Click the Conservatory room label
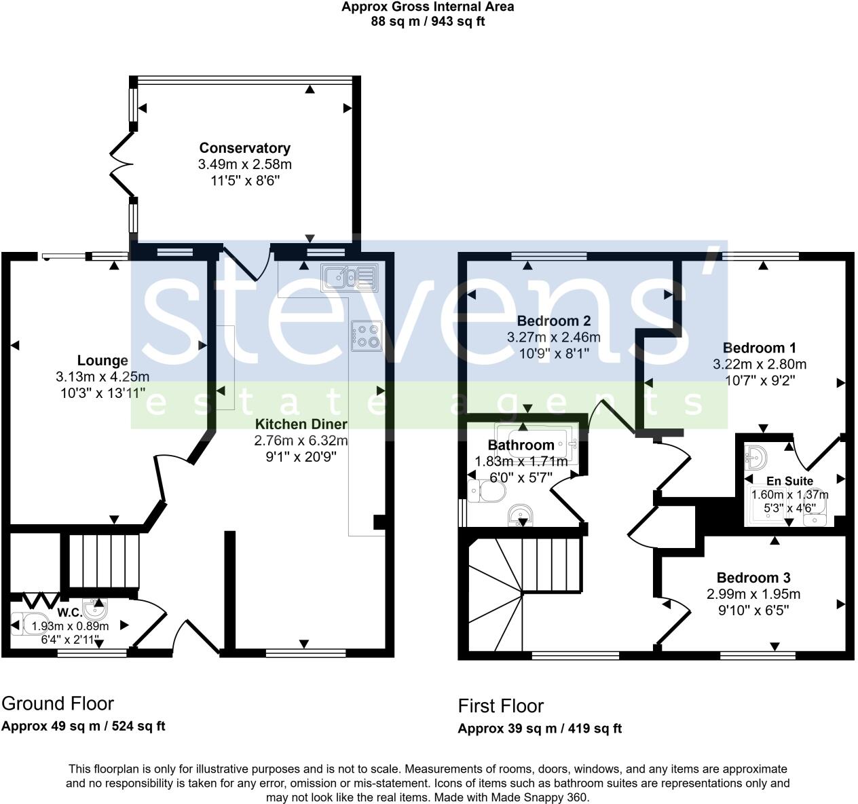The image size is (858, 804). click(244, 148)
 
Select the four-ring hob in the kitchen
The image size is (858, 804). click(367, 336)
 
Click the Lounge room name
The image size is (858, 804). click(102, 361)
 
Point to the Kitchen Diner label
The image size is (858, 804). click(301, 424)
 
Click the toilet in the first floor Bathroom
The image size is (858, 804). click(486, 490)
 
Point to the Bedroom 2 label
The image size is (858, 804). click(553, 321)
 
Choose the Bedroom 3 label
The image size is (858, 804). click(753, 578)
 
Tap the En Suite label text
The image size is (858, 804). click(790, 481)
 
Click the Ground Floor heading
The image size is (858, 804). click(58, 703)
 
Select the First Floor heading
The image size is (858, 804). click(501, 706)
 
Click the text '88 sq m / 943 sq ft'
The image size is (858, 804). click(428, 21)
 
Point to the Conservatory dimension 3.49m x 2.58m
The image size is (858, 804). click(244, 164)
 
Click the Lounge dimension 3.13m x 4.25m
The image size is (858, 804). click(102, 377)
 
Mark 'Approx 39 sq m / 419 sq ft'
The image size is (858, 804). click(540, 729)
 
